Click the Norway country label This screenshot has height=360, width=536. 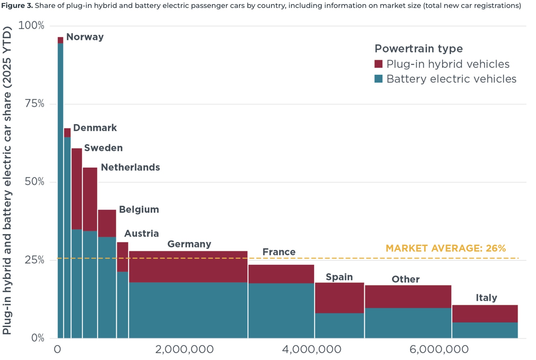click(85, 37)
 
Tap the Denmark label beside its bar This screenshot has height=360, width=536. click(95, 128)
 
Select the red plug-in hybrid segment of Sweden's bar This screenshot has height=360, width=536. click(77, 189)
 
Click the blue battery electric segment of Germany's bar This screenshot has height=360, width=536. click(188, 310)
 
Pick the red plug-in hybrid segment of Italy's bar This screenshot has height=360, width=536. click(485, 314)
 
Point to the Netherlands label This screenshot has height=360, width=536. click(130, 167)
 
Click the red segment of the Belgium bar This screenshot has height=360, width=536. click(107, 223)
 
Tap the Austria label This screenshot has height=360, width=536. click(142, 233)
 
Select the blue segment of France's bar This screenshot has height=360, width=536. click(281, 311)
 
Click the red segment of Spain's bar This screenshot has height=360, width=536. click(339, 298)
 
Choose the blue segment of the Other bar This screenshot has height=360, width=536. click(408, 323)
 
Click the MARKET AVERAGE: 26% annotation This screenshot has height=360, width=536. click(446, 248)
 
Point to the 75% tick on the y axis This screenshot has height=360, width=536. click(34, 104)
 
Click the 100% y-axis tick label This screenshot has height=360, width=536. click(31, 25)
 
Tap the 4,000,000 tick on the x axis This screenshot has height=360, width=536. click(312, 349)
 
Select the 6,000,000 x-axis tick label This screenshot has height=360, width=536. click(439, 349)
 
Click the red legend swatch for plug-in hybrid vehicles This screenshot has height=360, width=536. click(379, 64)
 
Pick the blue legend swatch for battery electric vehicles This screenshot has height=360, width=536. click(379, 79)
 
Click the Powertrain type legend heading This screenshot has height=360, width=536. click(419, 49)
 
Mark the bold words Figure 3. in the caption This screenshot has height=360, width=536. click(17, 5)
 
